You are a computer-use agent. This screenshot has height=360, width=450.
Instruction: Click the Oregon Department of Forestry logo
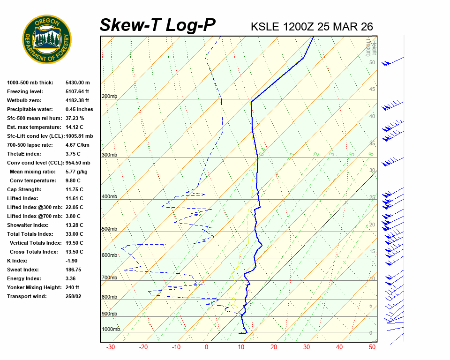(47, 39)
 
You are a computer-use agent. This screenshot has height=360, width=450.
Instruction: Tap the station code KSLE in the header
(266, 27)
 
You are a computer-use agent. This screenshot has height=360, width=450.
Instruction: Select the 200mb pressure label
(109, 97)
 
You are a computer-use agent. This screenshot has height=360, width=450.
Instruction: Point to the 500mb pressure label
(109, 229)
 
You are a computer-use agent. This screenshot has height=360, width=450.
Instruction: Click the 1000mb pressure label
(111, 330)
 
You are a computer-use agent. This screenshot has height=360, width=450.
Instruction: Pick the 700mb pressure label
(109, 278)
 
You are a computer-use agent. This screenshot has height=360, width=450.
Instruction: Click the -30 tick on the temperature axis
(111, 347)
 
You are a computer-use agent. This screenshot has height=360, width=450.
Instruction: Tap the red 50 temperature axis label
(372, 347)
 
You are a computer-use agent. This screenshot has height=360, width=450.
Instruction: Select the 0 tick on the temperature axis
(206, 347)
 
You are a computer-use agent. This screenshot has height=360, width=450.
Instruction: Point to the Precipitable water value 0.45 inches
(79, 109)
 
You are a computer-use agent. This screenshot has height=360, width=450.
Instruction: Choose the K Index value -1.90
(73, 261)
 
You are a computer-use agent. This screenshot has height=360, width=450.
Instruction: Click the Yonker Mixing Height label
(33, 287)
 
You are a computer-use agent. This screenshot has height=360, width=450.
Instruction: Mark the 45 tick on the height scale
(372, 90)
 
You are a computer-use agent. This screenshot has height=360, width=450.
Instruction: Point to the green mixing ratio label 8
(370, 154)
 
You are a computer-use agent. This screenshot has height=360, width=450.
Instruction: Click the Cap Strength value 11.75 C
(75, 189)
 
